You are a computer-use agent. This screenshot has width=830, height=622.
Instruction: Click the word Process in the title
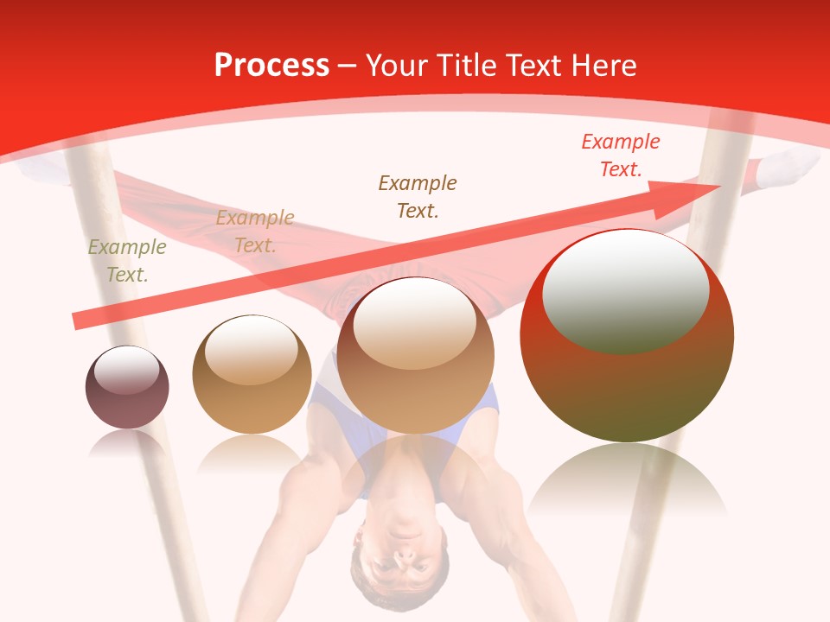pos(271,66)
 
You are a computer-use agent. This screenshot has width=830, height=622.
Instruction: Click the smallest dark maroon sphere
pos(127,388)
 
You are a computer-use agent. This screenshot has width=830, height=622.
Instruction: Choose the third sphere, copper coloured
pos(416,355)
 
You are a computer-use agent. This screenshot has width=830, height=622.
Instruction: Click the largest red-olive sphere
pos(627,335)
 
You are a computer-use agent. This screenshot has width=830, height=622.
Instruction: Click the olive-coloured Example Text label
pos(127,261)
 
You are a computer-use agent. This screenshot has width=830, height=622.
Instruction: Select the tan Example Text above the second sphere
pos(255,232)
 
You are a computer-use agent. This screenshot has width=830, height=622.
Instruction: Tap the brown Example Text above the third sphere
pos(418,196)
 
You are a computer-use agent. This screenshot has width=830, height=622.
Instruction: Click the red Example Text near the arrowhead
pos(621,155)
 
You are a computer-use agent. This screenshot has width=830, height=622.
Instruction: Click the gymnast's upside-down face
pos(399,557)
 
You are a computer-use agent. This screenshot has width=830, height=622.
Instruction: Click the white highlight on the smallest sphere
pos(126,371)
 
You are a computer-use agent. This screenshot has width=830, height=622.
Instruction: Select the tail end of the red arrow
pos(80,321)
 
